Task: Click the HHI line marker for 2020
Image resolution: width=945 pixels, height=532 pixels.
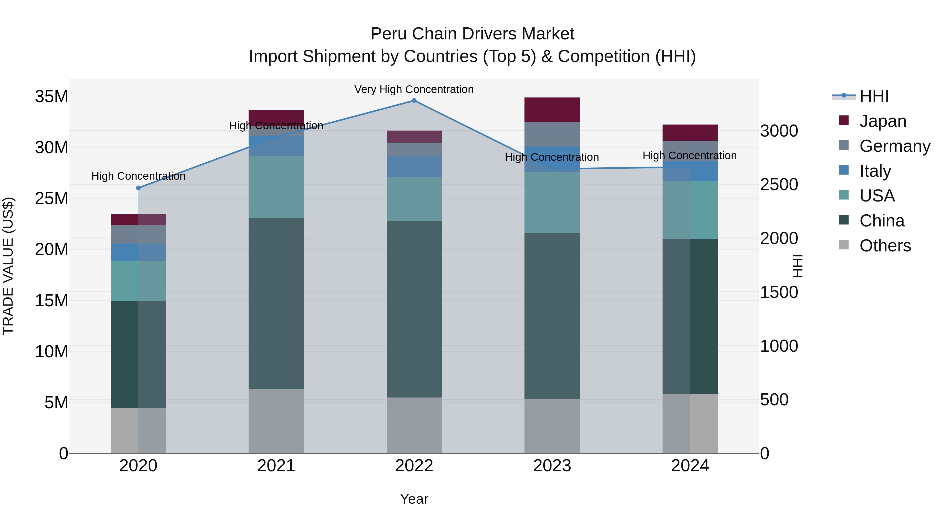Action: (138, 188)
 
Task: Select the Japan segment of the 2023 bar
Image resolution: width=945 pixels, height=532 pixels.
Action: (552, 110)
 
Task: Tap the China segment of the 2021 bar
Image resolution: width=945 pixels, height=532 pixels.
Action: (276, 303)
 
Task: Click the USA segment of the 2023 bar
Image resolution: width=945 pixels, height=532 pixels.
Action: (552, 203)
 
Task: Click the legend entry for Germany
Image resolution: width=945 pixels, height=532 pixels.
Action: (894, 146)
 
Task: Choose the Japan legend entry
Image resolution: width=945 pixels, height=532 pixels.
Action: (882, 121)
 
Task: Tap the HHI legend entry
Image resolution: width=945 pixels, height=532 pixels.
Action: (873, 96)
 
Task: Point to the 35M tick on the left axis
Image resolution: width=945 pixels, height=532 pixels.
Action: (51, 97)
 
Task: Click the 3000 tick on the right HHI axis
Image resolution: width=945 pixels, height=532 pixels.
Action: (779, 131)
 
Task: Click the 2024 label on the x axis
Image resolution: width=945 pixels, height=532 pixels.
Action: (690, 466)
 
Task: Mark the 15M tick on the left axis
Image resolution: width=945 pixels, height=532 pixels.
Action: (51, 300)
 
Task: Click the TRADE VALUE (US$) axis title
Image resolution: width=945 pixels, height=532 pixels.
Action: (8, 266)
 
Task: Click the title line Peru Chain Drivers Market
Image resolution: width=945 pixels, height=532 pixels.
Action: (472, 34)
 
